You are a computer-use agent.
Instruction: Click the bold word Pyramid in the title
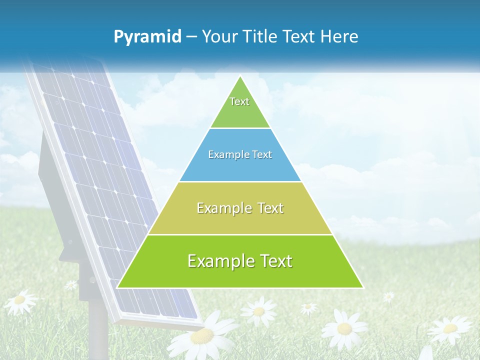coord(147,36)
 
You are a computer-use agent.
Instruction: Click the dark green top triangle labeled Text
coord(240,107)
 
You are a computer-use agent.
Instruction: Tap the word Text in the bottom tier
coord(273,261)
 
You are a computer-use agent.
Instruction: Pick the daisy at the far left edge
coord(19,300)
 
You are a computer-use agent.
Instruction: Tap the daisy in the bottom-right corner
coord(449,328)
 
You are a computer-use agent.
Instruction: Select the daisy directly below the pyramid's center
coord(258,311)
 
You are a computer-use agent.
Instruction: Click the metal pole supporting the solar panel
coord(99,330)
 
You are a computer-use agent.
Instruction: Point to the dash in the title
coord(191,37)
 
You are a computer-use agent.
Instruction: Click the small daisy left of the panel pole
coord(71,284)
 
